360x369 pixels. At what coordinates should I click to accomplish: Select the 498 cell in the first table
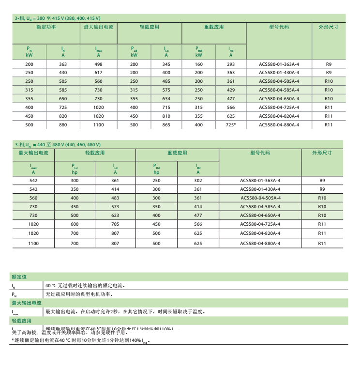98,64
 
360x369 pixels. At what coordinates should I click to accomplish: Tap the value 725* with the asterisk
230,125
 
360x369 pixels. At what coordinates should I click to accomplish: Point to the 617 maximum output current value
98,73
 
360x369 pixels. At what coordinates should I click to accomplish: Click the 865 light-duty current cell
166,125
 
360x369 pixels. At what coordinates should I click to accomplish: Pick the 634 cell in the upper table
166,99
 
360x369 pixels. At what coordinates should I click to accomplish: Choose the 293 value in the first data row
230,64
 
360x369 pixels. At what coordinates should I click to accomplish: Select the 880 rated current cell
63,125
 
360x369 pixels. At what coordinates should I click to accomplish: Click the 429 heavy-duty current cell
230,90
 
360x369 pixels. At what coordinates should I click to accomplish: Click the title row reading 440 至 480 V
58,145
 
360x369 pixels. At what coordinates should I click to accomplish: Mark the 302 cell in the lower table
198,181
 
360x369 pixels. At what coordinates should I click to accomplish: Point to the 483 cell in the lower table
115,198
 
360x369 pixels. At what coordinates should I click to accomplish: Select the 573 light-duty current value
115,207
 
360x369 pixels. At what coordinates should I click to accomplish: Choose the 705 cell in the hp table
115,224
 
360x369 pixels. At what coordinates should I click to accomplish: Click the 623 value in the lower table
115,215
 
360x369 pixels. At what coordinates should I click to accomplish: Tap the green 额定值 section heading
19,277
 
